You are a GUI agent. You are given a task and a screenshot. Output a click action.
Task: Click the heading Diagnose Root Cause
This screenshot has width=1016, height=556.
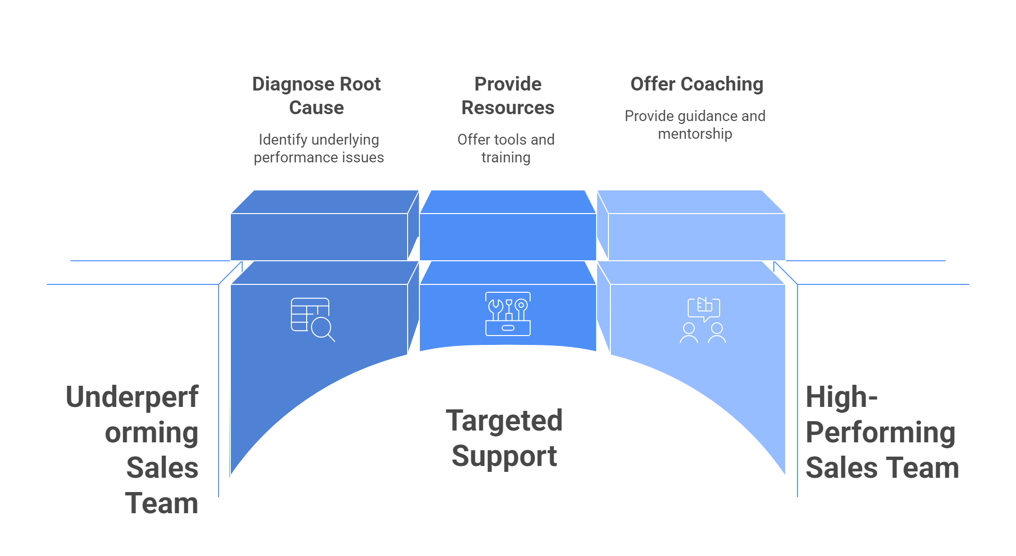coord(316,95)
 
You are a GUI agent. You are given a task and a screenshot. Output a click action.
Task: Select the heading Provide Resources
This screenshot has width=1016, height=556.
coord(508,95)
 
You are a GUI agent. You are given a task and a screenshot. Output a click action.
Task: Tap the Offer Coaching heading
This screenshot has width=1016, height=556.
coord(697,84)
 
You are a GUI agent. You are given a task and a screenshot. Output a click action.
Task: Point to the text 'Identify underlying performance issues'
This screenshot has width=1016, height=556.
coord(318,148)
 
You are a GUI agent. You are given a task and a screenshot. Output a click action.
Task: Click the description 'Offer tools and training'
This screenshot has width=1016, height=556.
coord(506,148)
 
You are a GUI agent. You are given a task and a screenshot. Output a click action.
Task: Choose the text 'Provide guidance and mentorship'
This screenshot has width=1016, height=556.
coord(695,124)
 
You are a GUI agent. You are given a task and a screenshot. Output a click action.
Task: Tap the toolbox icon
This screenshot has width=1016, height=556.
coord(508,314)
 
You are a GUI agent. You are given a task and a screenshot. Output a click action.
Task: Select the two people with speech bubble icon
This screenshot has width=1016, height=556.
coord(703,320)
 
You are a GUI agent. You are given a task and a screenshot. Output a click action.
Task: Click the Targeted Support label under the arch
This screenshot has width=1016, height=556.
coord(504,438)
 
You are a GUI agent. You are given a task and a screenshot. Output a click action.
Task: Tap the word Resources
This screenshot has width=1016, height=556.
coord(508,108)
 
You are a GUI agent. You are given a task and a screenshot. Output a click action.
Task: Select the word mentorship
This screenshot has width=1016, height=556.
coord(695,134)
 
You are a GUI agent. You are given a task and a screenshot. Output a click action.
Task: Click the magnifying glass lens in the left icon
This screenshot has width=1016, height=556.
coord(321,327)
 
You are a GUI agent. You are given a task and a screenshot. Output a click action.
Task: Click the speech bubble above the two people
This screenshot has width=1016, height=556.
coord(704,308)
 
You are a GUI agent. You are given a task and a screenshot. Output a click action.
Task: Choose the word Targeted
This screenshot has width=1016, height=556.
coord(504,421)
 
